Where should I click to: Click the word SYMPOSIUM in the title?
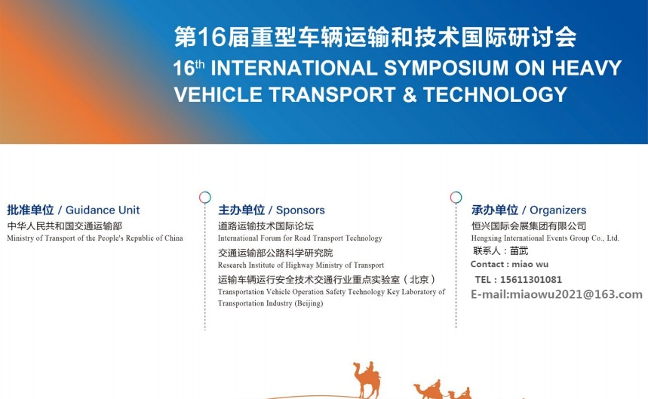click(447, 68)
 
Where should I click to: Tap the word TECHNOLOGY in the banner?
click(495, 94)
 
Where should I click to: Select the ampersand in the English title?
click(409, 94)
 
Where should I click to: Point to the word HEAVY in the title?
click(586, 68)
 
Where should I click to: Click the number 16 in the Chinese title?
click(212, 38)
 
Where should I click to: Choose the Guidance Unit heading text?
click(103, 210)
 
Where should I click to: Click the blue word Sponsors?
click(300, 210)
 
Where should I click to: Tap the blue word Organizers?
click(558, 210)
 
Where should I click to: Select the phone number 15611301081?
click(531, 280)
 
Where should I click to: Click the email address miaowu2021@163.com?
click(576, 294)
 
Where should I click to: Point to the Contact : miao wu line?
click(509, 264)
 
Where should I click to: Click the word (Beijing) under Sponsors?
click(309, 303)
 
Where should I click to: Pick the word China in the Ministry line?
click(174, 238)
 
